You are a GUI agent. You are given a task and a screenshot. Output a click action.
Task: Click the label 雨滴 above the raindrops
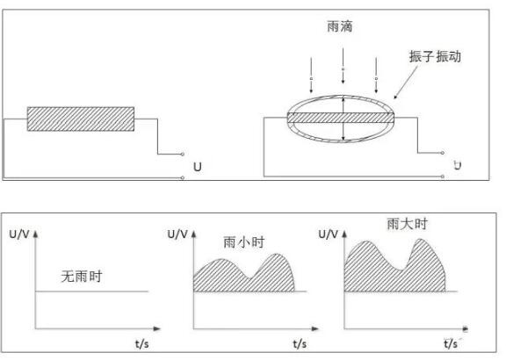pyautogui.click(x=339, y=26)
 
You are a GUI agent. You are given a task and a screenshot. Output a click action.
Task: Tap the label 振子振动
pyautogui.click(x=435, y=56)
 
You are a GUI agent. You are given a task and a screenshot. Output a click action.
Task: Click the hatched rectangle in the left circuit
pyautogui.click(x=81, y=119)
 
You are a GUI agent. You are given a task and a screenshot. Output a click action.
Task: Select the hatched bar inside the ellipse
pyautogui.click(x=341, y=118)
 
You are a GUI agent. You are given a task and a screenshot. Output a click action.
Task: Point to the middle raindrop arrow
pyautogui.click(x=343, y=66)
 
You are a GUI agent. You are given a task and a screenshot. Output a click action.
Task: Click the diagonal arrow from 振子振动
pyautogui.click(x=406, y=83)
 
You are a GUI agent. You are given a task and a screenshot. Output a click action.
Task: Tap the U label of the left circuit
pyautogui.click(x=197, y=167)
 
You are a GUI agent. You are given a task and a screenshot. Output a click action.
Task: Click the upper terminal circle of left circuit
pyautogui.click(x=183, y=155)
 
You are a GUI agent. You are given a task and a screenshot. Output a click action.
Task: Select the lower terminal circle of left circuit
pyautogui.click(x=183, y=177)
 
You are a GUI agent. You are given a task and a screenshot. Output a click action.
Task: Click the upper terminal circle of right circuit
pyautogui.click(x=443, y=153)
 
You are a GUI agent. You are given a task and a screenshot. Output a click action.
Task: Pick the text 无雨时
pyautogui.click(x=82, y=277)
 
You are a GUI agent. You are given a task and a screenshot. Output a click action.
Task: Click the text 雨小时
pyautogui.click(x=244, y=242)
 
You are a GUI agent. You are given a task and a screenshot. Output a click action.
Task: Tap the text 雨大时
pyautogui.click(x=408, y=224)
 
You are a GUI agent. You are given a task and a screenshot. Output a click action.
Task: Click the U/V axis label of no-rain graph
pyautogui.click(x=19, y=234)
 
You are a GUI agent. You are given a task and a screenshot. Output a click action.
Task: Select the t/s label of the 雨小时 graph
pyautogui.click(x=300, y=343)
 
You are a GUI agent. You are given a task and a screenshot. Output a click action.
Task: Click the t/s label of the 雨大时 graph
pyautogui.click(x=451, y=343)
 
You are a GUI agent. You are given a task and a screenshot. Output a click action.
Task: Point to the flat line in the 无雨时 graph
pyautogui.click(x=91, y=292)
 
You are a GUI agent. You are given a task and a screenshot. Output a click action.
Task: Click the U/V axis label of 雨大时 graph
pyautogui.click(x=329, y=234)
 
